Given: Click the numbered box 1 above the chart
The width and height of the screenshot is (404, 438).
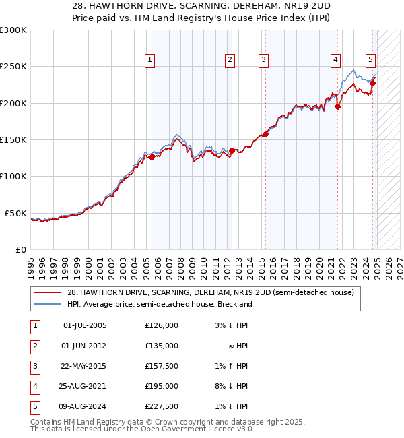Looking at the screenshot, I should pos(149,60).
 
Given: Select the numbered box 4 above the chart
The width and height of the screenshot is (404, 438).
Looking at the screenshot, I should pos(335,60).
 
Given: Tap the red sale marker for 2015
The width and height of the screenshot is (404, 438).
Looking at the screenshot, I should pos(265,134).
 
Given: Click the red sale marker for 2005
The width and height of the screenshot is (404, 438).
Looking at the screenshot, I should pos(152,157).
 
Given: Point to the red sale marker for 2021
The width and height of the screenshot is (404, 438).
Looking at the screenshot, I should pos(338,106).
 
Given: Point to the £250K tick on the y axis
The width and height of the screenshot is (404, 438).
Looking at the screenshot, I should pos(15,67).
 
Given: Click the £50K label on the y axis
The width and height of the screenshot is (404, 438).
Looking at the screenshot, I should pos(15,213).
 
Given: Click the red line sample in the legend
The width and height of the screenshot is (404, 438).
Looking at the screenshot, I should pos(48,292).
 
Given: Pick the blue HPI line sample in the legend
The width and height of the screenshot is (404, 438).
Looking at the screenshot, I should pos(48,304).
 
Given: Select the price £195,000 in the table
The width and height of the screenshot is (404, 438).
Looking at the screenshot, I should pos(162,386).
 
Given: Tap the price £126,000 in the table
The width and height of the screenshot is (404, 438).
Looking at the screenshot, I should pos(162,325).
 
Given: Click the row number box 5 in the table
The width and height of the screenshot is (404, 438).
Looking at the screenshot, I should pos(34,406).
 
